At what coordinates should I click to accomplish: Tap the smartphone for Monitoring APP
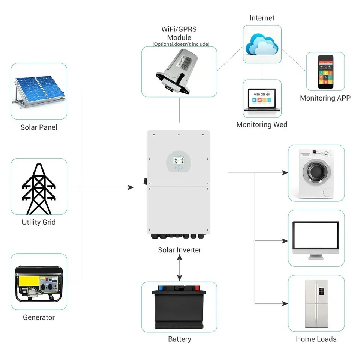pos(325,72)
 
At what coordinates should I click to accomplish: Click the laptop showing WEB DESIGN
pos(262,100)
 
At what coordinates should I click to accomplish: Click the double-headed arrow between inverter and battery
pos(180,269)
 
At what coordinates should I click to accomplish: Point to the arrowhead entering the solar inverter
pos(130,187)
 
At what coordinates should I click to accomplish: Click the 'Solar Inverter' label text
pos(180,250)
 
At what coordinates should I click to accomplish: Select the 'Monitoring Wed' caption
pos(262,125)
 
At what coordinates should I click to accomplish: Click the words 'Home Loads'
pos(316,339)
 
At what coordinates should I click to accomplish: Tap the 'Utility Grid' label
pos(39,222)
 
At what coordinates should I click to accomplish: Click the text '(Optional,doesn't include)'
pos(181,45)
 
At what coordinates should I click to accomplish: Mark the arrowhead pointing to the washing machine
pos(285,173)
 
